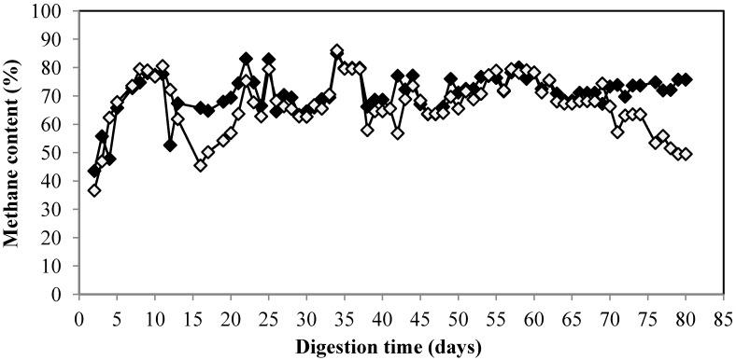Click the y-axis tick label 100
tap(50, 12)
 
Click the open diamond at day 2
tap(94, 190)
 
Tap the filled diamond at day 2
tap(94, 172)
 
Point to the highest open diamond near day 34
tap(337, 51)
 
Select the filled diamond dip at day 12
tap(170, 145)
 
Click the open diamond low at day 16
tap(201, 165)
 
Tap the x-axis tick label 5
tap(117, 318)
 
